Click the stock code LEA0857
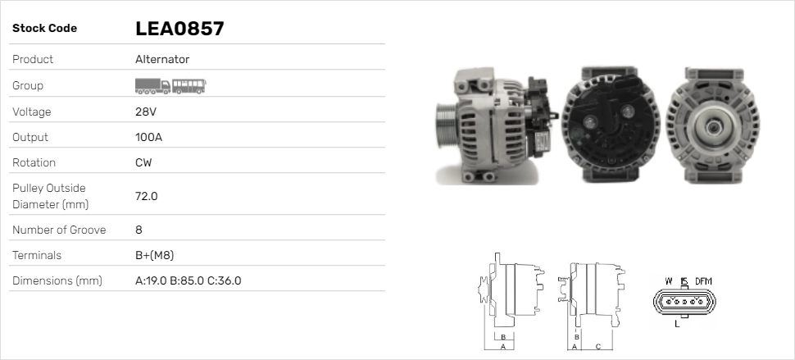[x=179, y=29]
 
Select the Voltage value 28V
[x=145, y=112]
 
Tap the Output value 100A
[x=148, y=137]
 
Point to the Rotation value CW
[x=143, y=162]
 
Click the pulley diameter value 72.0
[x=146, y=196]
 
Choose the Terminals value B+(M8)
[x=154, y=255]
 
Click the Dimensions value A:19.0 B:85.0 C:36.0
[x=188, y=281]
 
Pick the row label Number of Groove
[x=59, y=230]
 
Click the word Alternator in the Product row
[x=162, y=59]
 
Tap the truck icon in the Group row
[x=152, y=85]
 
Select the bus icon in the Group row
[x=189, y=85]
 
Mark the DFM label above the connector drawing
[x=703, y=281]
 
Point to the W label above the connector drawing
[x=669, y=281]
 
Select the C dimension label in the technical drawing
[x=598, y=345]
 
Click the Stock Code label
[x=44, y=29]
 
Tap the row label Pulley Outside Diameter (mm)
[x=49, y=196]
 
